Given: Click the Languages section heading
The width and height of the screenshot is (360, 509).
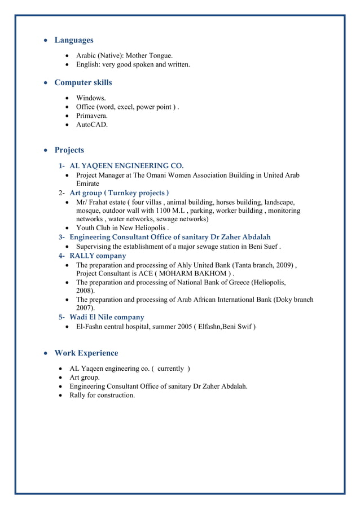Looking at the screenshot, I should (73, 40).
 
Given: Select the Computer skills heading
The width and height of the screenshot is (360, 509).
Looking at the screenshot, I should (83, 82).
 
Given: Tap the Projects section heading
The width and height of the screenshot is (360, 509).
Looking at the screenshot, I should (69, 150).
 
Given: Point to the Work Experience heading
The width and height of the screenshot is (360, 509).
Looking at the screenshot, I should (86, 353).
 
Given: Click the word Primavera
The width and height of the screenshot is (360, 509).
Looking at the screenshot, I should (92, 116).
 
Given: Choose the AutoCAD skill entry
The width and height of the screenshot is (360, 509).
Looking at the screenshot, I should (92, 125).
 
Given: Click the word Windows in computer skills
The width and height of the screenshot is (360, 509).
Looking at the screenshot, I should (91, 98).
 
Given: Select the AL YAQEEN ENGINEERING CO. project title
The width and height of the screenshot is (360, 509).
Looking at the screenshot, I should (126, 166).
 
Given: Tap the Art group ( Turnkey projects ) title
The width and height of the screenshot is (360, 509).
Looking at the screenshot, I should (119, 193).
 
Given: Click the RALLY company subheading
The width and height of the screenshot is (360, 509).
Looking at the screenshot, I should (98, 256).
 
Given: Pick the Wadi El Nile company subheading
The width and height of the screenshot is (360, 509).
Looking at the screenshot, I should (107, 317).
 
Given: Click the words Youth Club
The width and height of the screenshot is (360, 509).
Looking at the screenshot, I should (94, 228).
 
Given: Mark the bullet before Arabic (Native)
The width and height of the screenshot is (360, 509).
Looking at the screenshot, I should (68, 56).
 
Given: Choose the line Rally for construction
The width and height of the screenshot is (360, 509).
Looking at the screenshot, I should (102, 395).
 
